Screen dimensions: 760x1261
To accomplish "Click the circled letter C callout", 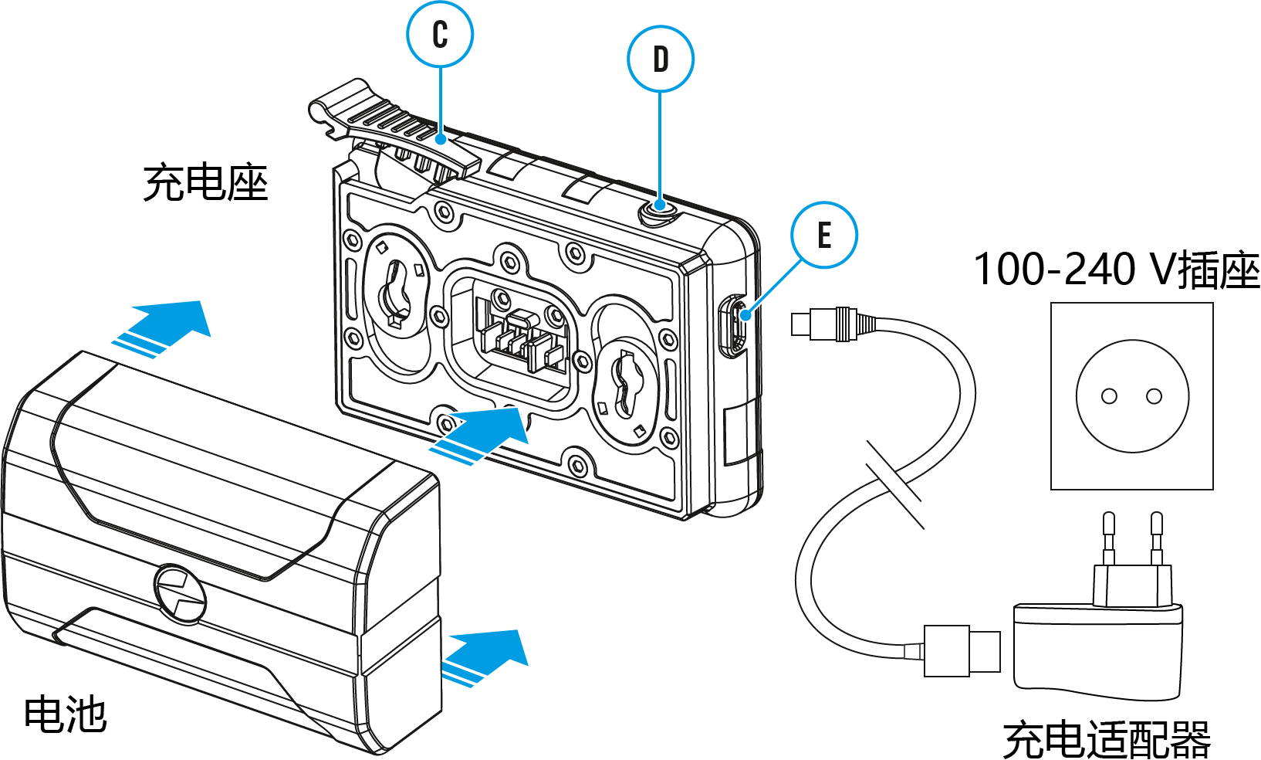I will [440, 35].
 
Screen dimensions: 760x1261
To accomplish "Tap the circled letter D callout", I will [661, 59].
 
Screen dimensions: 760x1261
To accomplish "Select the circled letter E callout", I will [824, 235].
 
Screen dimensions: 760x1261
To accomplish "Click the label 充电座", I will [205, 183].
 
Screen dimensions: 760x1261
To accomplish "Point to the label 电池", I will [65, 714].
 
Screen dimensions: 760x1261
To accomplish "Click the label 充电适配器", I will [1107, 739].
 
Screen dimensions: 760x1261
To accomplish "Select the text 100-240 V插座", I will [1116, 270].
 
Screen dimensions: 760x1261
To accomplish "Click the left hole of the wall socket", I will [1109, 396].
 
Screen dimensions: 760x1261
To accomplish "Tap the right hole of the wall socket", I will [1154, 396].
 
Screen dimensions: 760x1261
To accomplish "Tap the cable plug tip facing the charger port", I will [800, 324].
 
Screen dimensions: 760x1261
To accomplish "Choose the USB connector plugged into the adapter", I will [962, 651].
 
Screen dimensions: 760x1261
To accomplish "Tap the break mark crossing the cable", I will [895, 484].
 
